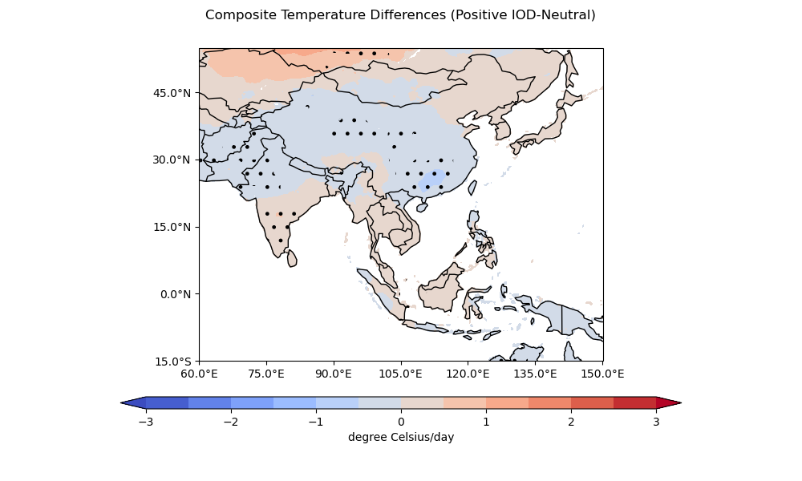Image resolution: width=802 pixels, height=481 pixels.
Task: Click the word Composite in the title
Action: click(x=237, y=15)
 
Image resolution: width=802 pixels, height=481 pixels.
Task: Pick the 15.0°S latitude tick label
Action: click(x=174, y=362)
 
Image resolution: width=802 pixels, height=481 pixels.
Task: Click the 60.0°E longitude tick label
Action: click(x=199, y=374)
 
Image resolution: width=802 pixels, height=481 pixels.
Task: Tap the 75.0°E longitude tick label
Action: click(x=266, y=374)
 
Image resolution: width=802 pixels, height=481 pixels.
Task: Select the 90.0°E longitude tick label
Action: click(x=334, y=374)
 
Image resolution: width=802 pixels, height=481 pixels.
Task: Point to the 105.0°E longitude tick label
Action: click(x=401, y=374)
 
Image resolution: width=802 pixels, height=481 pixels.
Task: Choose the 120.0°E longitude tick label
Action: click(x=468, y=374)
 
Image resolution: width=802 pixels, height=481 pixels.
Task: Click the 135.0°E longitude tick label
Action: click(x=536, y=374)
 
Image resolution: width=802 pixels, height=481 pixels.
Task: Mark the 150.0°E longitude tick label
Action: click(x=603, y=374)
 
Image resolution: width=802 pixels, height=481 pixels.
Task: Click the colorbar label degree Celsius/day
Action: click(x=401, y=437)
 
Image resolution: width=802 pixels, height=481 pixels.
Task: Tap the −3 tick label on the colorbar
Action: click(x=146, y=422)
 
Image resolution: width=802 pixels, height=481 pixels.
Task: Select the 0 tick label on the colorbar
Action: click(x=401, y=422)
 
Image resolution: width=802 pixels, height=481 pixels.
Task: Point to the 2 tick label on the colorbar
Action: click(x=571, y=422)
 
